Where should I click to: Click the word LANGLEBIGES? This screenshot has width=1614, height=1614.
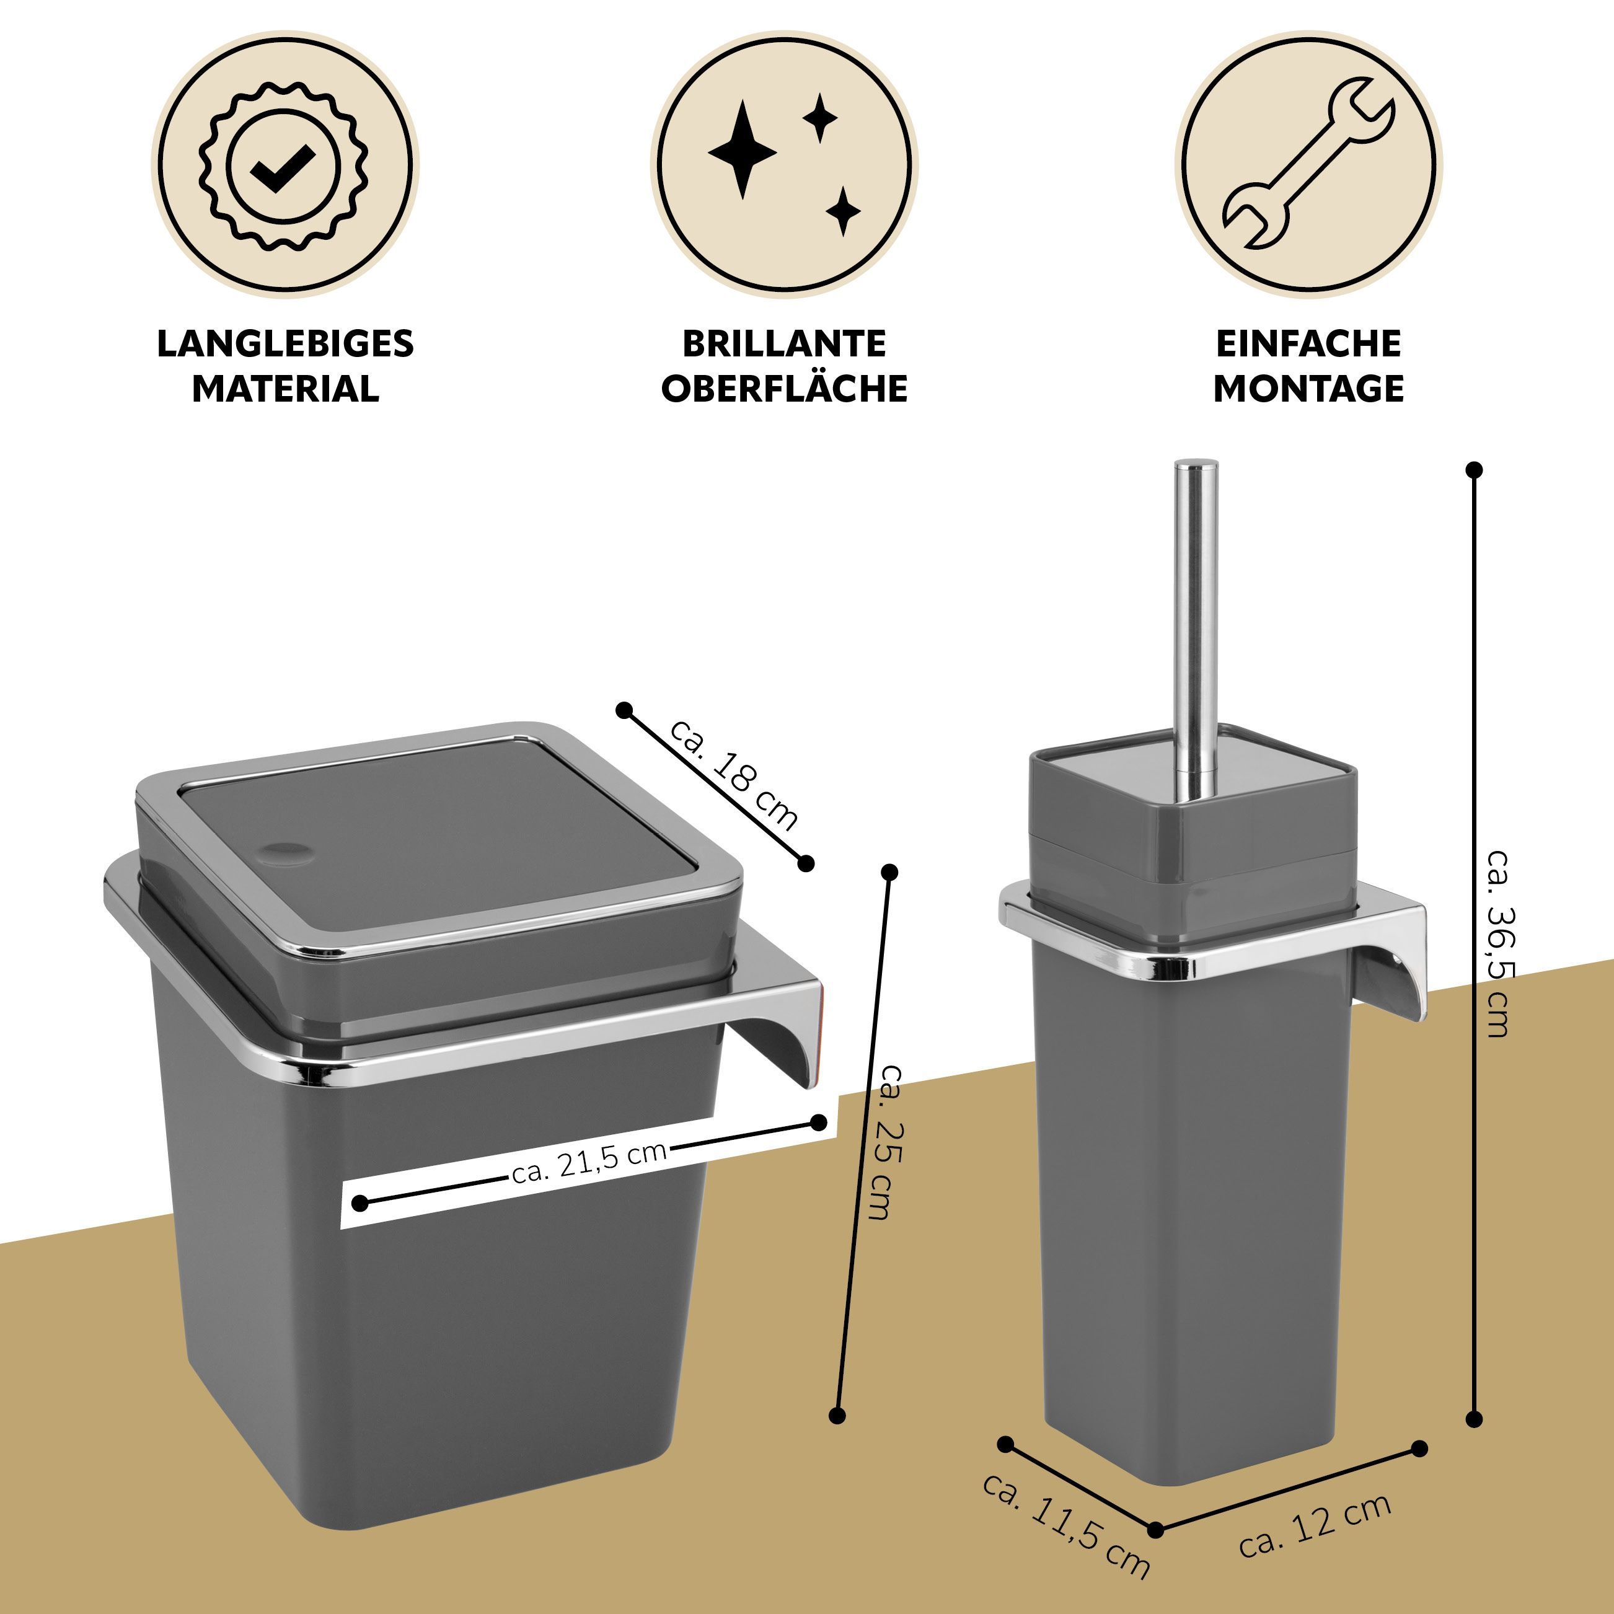[x=286, y=343]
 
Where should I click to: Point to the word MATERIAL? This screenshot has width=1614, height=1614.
[x=286, y=389]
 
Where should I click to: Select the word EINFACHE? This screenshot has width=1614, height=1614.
[x=1308, y=343]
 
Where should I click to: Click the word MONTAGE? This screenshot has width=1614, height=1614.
[x=1308, y=389]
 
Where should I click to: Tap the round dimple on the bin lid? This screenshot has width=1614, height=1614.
[x=286, y=853]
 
